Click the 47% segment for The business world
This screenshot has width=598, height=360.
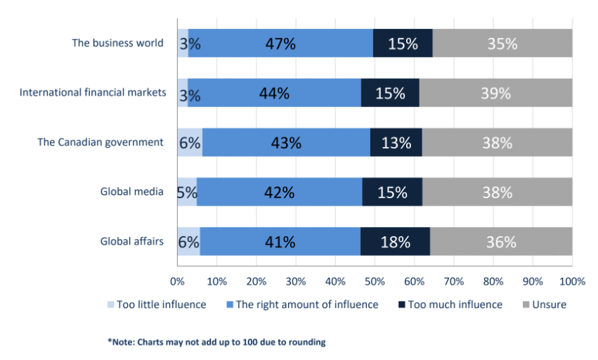pos(280,43)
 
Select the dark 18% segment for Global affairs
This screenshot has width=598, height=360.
pos(395,242)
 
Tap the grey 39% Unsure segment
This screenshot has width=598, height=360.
pos(496,93)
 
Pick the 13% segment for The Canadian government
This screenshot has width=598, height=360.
pos(396,143)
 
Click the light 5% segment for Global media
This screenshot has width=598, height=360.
pos(187,192)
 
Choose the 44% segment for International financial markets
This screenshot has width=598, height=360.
pos(274,93)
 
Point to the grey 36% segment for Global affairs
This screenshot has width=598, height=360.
pos(501,242)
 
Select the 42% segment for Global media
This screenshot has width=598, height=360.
pos(280,192)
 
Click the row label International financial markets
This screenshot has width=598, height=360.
pos(93,92)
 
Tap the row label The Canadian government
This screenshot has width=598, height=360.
pos(100,142)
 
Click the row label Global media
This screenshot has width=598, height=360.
pos(131,192)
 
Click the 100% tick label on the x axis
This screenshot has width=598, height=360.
pos(572,282)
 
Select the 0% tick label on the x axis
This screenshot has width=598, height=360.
pos(178,282)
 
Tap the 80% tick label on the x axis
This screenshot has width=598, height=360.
pos(493,282)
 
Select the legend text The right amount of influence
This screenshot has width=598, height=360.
pos(307,305)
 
